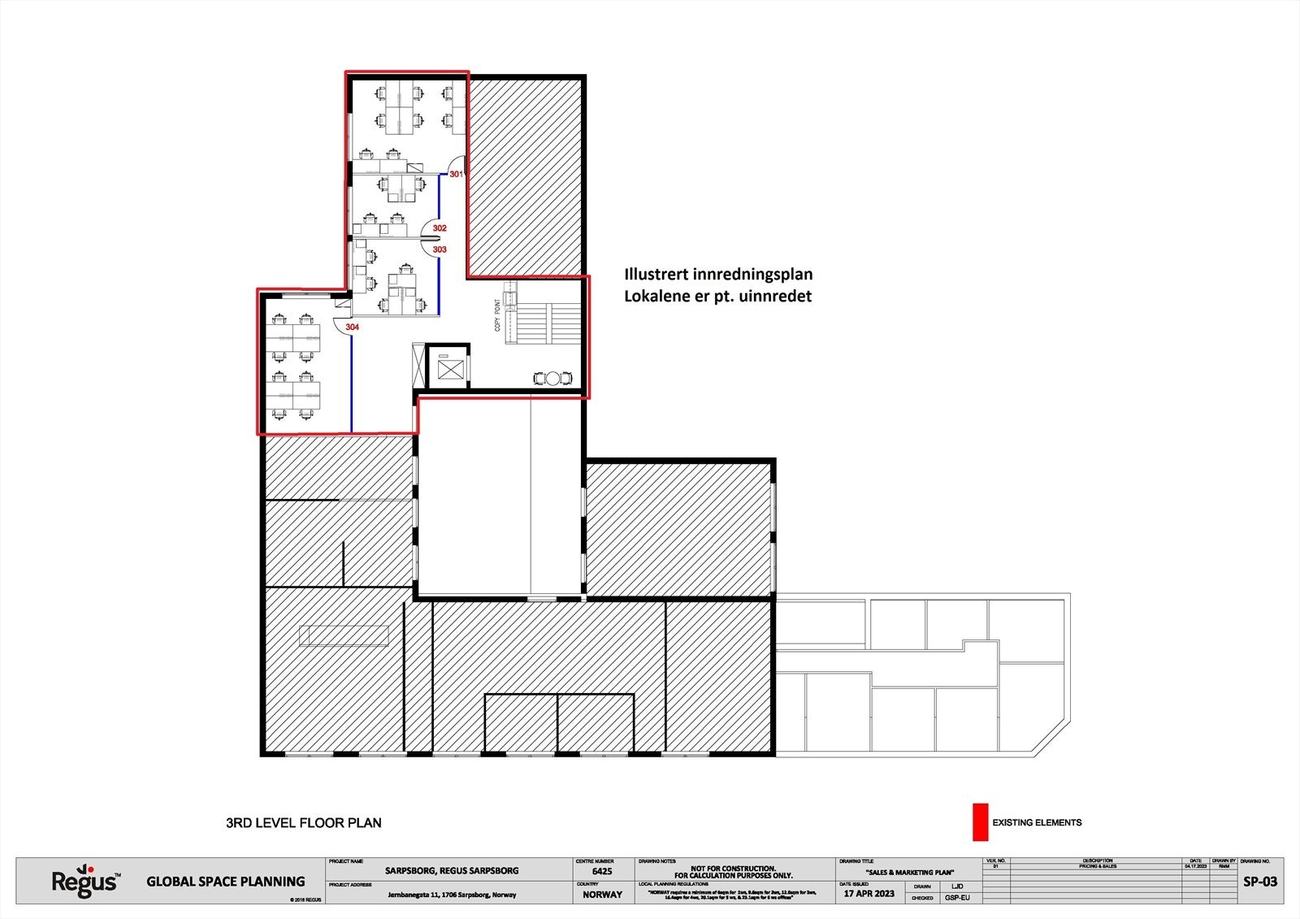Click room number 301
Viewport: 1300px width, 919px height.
click(456, 174)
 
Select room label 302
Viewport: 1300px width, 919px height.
click(440, 228)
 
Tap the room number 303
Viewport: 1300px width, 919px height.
click(440, 249)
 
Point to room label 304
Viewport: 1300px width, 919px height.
click(352, 327)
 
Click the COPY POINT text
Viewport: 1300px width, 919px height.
click(498, 315)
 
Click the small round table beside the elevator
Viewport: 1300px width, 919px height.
click(553, 378)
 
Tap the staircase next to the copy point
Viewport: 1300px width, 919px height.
click(546, 323)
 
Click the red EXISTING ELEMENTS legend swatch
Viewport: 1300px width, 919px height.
click(980, 822)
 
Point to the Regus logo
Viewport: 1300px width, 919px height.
click(85, 882)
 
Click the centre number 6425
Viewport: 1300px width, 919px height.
click(603, 871)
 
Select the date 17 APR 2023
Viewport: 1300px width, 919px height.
click(869, 893)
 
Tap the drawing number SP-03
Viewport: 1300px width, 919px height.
click(1260, 882)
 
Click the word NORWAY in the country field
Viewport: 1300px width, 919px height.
click(602, 895)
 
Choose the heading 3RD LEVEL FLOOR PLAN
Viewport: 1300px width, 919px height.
click(303, 823)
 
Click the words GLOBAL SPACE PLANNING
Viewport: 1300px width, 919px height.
click(226, 882)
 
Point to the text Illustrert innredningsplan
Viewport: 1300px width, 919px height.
click(717, 275)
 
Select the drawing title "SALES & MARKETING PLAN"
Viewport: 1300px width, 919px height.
click(909, 872)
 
